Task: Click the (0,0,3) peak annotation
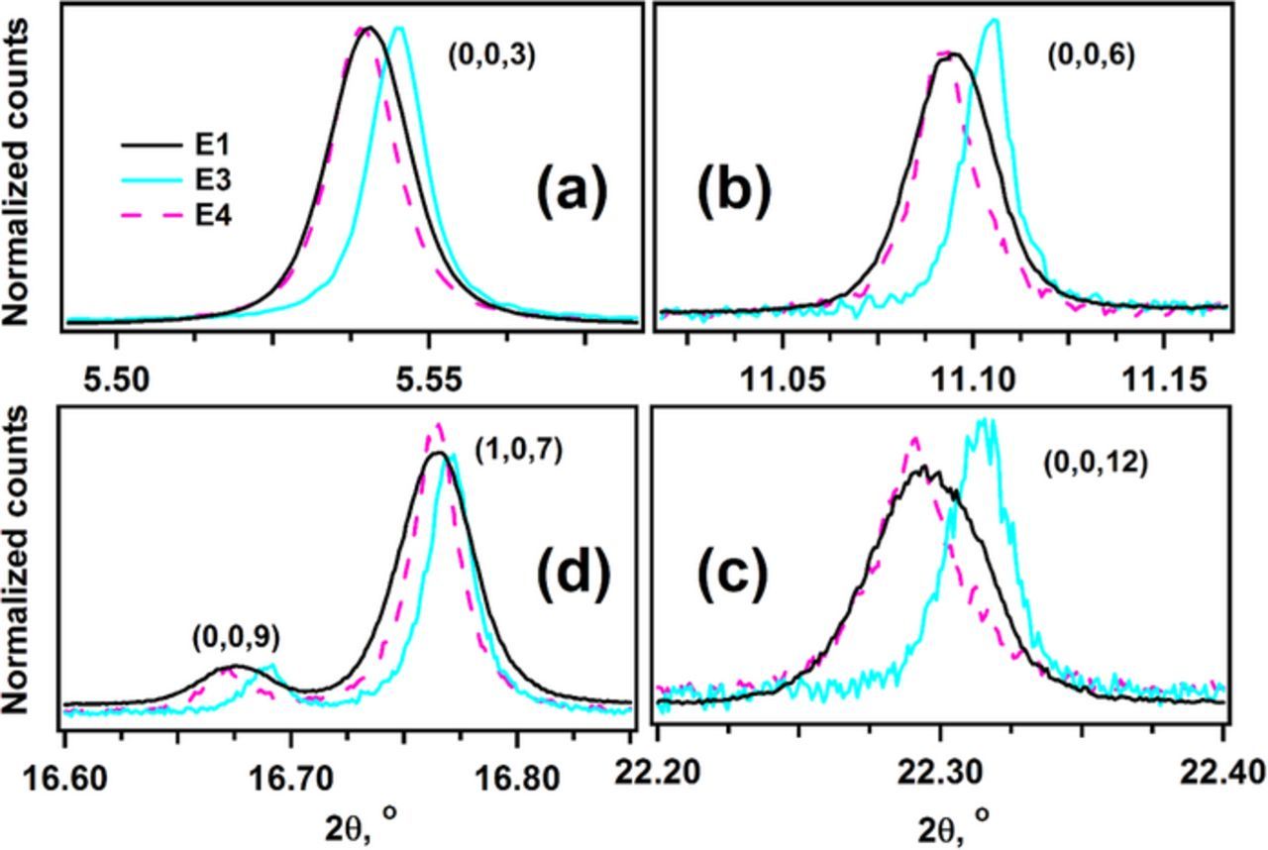(491, 56)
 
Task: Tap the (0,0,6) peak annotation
(1091, 56)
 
